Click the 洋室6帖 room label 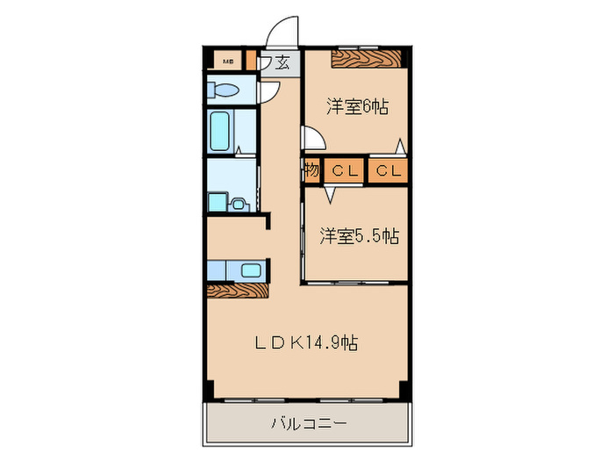click(358, 107)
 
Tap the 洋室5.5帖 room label click(359, 235)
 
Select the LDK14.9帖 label click(306, 342)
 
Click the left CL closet click(343, 170)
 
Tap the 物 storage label click(311, 170)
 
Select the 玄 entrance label click(283, 62)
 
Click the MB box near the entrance click(228, 61)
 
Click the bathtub click(220, 132)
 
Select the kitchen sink click(249, 270)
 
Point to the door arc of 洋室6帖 click(311, 139)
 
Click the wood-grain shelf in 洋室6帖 click(365, 60)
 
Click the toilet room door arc click(269, 91)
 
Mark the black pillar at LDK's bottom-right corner click(403, 388)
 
